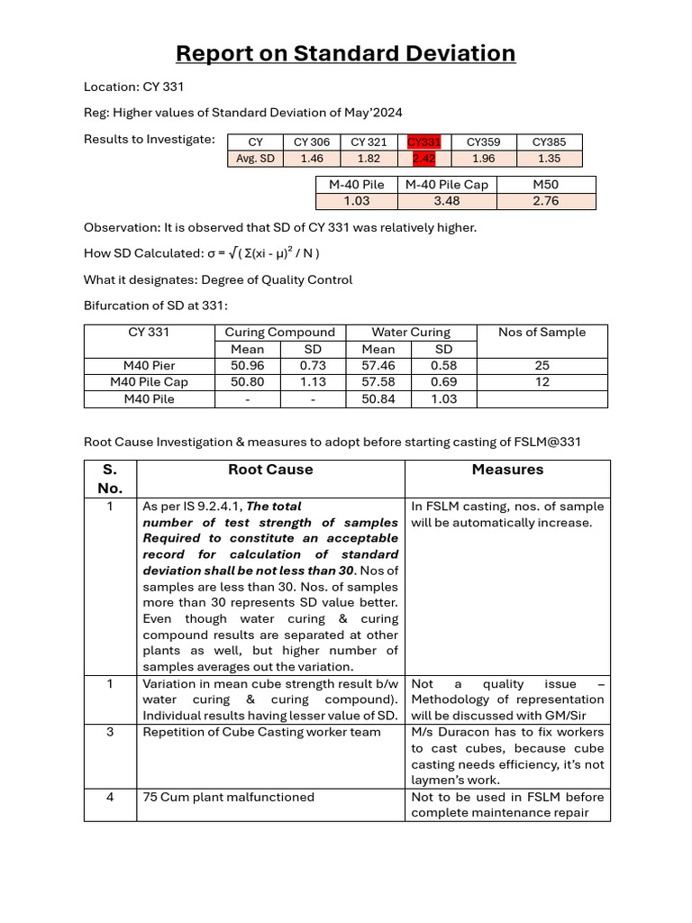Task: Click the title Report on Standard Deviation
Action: pyautogui.click(x=345, y=53)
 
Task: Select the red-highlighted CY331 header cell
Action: pyautogui.click(x=423, y=142)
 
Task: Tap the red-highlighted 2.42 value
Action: pyautogui.click(x=423, y=159)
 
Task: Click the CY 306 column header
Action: pyautogui.click(x=312, y=142)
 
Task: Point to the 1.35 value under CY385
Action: pyautogui.click(x=549, y=159)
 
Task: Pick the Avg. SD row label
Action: pyautogui.click(x=255, y=159)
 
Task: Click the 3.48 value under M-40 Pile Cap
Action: pyautogui.click(x=447, y=201)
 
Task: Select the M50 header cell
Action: pyautogui.click(x=546, y=185)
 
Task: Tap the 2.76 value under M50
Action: pyautogui.click(x=546, y=201)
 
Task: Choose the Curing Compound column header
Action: pyautogui.click(x=279, y=333)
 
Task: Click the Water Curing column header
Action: pyautogui.click(x=411, y=333)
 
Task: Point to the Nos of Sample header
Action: pyautogui.click(x=542, y=333)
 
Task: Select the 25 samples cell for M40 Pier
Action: pyautogui.click(x=542, y=366)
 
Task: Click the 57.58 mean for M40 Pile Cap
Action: pyautogui.click(x=378, y=382)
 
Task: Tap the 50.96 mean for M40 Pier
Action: pyautogui.click(x=248, y=366)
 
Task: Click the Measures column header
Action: pyautogui.click(x=507, y=470)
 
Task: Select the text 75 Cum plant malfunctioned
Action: pyautogui.click(x=228, y=797)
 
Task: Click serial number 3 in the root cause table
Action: pyautogui.click(x=110, y=732)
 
